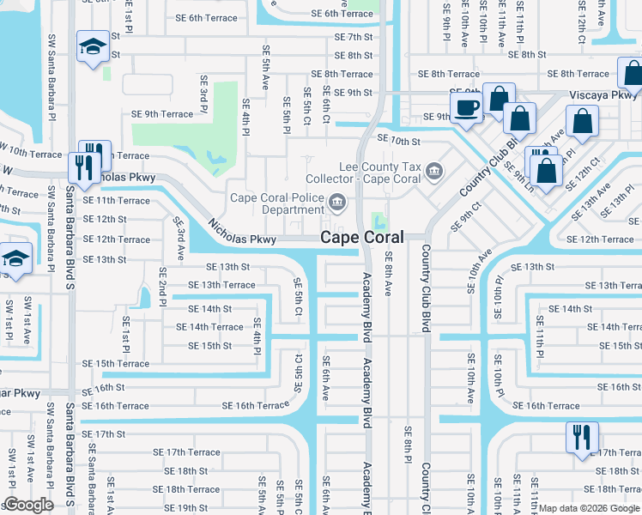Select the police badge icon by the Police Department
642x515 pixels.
click(338, 203)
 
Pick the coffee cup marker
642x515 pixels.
click(466, 108)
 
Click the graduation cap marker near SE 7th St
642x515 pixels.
click(92, 48)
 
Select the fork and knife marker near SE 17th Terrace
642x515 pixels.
click(581, 437)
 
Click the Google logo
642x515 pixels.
click(29, 505)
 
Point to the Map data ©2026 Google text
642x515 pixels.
click(588, 508)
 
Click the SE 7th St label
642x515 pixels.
click(354, 37)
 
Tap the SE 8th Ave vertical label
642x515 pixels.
click(388, 274)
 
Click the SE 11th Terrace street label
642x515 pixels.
click(116, 200)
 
